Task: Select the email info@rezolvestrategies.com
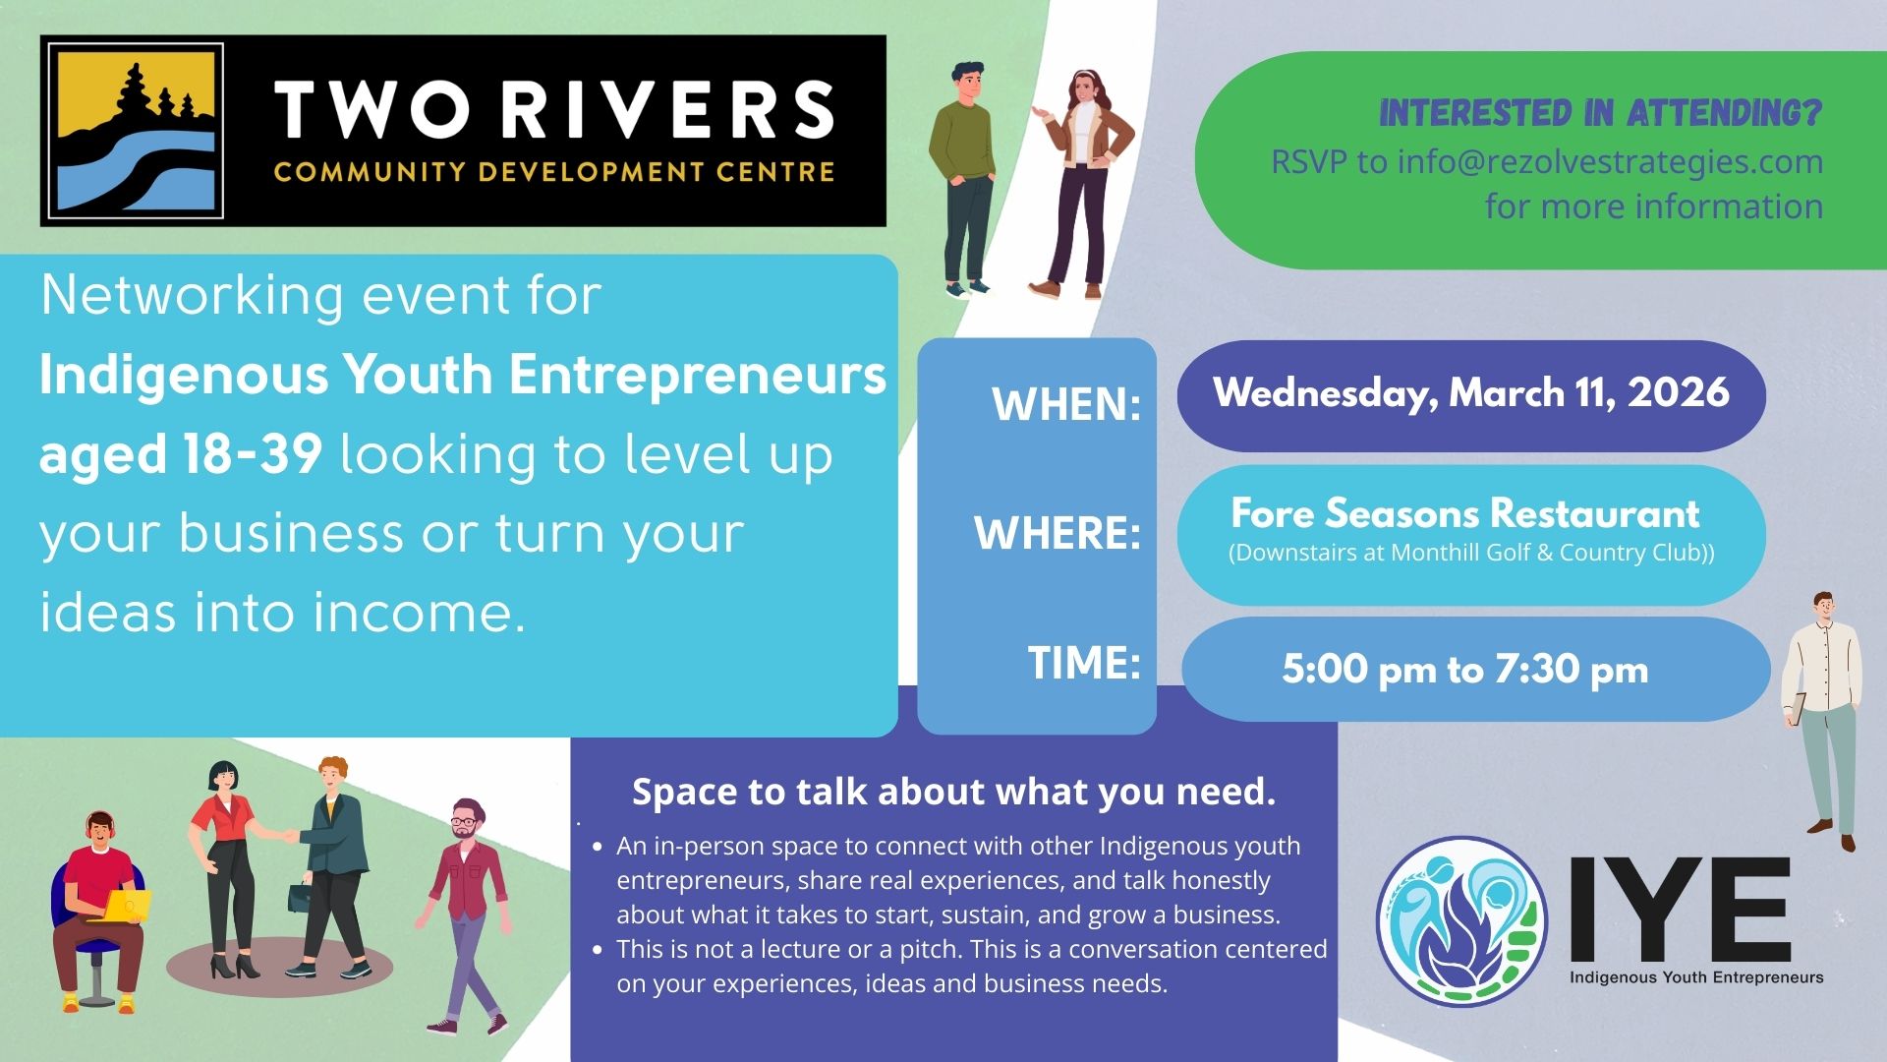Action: (1610, 162)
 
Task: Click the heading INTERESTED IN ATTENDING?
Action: (1601, 113)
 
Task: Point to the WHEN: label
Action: (1066, 404)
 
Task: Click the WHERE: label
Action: (1058, 533)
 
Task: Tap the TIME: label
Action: (1084, 662)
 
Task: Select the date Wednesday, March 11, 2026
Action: (1471, 393)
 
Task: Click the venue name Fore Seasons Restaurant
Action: (1465, 513)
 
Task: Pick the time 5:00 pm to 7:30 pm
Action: (1465, 670)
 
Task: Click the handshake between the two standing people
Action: (287, 837)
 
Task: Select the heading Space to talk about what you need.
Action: (953, 792)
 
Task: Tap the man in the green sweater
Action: (963, 179)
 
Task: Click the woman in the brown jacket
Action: (1079, 184)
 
